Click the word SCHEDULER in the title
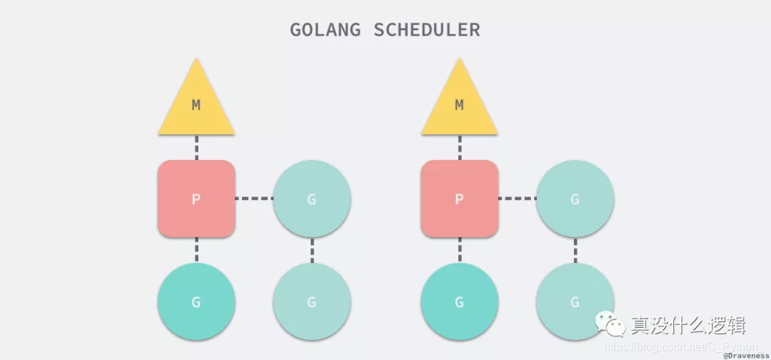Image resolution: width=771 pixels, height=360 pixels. coord(427,30)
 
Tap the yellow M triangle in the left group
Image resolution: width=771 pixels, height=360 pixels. coord(196,107)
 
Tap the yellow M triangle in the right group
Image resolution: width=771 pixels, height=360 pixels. coord(459,107)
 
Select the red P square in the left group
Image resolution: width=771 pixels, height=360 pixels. coord(196,199)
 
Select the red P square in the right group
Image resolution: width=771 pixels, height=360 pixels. coord(459,199)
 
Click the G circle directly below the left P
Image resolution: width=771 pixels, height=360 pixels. coord(196,301)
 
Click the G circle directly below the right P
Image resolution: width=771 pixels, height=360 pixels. coord(459,301)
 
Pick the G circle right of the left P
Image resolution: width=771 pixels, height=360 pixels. coord(312,199)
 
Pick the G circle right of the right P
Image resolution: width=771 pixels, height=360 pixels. coord(575,199)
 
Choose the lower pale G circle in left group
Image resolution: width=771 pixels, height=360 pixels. coord(312,301)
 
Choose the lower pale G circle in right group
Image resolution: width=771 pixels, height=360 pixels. coord(575,301)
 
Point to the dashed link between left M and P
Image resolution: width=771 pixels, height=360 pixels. coord(196,148)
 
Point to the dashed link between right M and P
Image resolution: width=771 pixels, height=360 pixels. coord(459,148)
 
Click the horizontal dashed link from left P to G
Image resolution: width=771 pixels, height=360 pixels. coord(254,199)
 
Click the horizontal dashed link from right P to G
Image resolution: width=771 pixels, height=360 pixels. coord(517,199)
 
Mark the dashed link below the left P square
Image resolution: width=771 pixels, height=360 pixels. coord(196,250)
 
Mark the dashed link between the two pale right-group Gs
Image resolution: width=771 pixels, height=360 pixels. coord(575,250)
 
